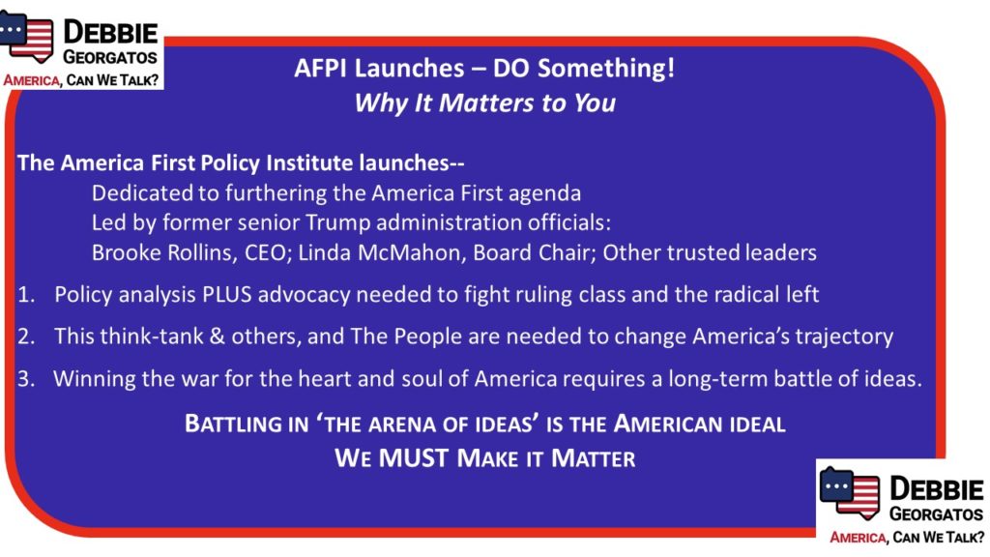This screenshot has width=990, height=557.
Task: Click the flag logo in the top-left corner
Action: [x=26, y=36]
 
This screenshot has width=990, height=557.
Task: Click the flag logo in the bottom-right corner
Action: [x=849, y=493]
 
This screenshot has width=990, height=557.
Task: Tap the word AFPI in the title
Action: [x=321, y=68]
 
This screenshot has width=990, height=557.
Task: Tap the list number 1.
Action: [x=26, y=294]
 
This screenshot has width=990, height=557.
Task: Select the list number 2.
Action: [x=26, y=336]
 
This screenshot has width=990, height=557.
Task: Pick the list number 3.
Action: [x=26, y=379]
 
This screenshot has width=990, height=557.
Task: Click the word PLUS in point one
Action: [x=226, y=294]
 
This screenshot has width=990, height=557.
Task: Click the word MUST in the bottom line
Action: [x=413, y=458]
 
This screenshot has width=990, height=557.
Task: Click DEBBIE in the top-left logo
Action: [x=110, y=32]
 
